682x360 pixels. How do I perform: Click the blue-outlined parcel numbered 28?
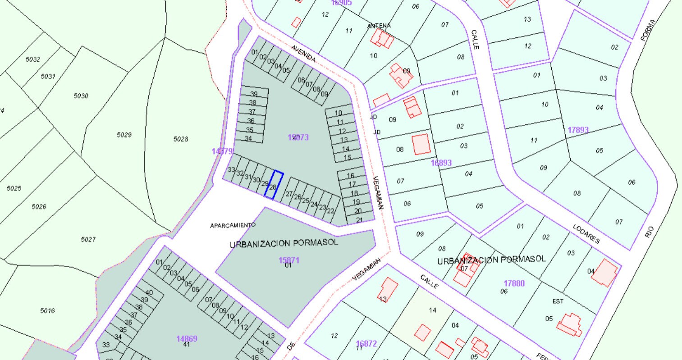(274, 185)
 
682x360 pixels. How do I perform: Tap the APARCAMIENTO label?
(233, 225)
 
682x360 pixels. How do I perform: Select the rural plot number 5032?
(33, 59)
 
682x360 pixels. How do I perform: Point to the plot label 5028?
(180, 139)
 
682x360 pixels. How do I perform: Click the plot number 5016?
(47, 310)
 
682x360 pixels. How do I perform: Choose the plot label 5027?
(88, 239)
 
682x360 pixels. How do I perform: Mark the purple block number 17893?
(578, 130)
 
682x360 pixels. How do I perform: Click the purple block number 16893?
(441, 163)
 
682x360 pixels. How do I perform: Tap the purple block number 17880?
(514, 283)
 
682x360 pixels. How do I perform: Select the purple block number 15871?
(289, 260)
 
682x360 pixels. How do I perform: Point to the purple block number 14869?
(187, 338)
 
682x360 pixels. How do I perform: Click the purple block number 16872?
(366, 343)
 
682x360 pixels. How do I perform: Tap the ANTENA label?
(379, 26)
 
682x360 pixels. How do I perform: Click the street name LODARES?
(586, 234)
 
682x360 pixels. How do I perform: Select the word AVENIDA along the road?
(303, 54)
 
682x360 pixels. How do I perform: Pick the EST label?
(558, 301)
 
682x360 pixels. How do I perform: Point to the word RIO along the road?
(649, 232)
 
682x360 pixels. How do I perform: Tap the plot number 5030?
(81, 96)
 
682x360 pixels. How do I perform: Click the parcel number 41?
(186, 345)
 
